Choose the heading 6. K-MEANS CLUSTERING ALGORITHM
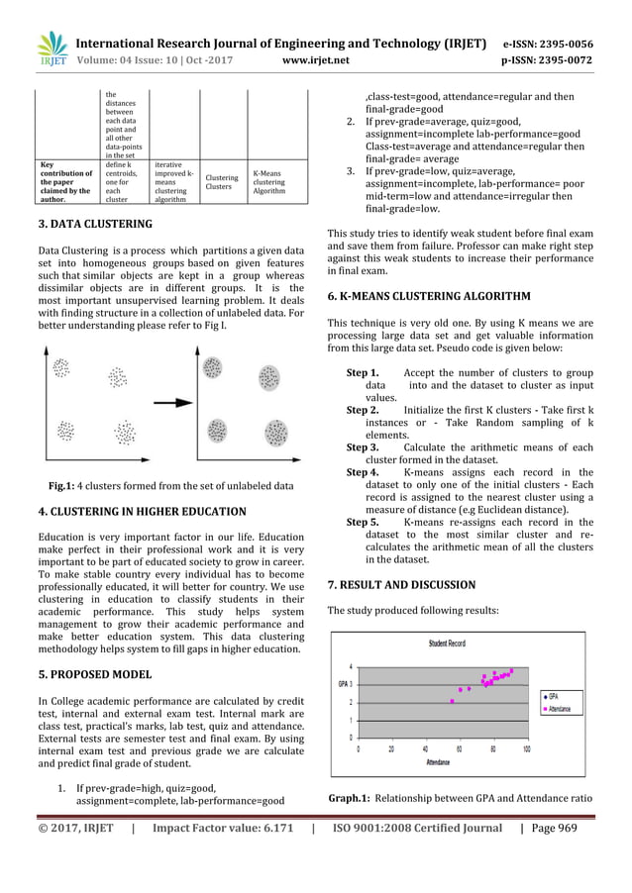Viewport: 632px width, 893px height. pyautogui.click(x=428, y=296)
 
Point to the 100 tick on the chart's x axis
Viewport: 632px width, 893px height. pyautogui.click(x=525, y=748)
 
